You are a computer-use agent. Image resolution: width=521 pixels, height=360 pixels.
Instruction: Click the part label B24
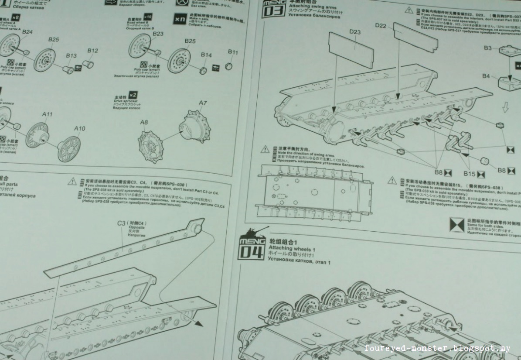(27, 32)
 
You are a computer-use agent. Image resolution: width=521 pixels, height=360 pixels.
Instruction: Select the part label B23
(158, 34)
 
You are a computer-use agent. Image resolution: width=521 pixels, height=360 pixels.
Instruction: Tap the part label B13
(71, 55)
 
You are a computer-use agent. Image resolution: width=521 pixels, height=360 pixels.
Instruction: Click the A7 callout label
(203, 103)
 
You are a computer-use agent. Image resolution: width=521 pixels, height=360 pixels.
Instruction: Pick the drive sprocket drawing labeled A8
(153, 144)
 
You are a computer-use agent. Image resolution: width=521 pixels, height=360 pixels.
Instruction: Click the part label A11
(48, 114)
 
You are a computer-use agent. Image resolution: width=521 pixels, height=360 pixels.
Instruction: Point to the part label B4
(486, 76)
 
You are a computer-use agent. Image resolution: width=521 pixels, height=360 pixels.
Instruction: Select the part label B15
(469, 174)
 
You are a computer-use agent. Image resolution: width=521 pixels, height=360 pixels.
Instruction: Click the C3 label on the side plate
(122, 223)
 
